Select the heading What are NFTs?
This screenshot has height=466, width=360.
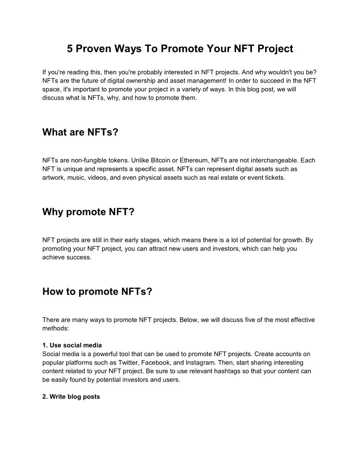80,132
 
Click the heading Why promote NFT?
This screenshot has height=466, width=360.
88,212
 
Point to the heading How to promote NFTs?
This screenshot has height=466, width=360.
97,292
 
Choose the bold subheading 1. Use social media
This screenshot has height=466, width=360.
72,345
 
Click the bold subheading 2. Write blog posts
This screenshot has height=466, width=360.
71,397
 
